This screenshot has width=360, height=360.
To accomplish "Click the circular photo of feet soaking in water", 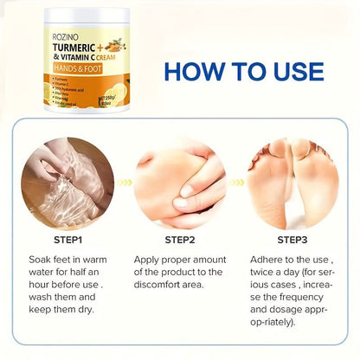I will click(x=67, y=182).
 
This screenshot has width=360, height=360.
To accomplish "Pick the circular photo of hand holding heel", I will click(x=181, y=182).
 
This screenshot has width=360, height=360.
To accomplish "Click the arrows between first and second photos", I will click(x=124, y=183).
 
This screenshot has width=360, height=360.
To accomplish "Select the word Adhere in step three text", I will click(x=267, y=258).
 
